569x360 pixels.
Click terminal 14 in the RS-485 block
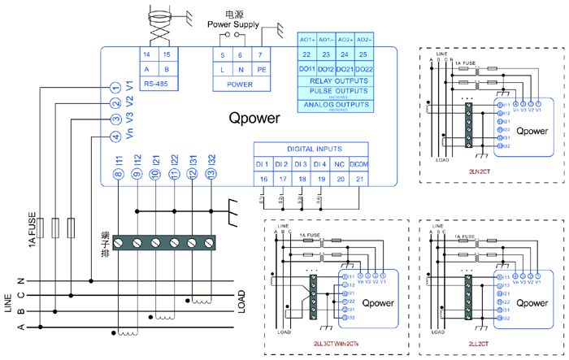pyautogui.click(x=146, y=54)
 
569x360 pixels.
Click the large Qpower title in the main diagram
pyautogui.click(x=254, y=118)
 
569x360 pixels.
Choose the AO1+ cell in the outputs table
pyautogui.click(x=307, y=39)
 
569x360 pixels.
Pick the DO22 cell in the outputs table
pyautogui.click(x=363, y=69)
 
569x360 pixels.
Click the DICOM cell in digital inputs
pyautogui.click(x=359, y=164)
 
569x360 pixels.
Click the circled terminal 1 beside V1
pyautogui.click(x=116, y=86)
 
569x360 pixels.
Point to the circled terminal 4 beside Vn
pyautogui.click(x=116, y=136)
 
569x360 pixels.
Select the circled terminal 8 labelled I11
pyautogui.click(x=118, y=173)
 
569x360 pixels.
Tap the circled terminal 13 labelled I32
pyautogui.click(x=211, y=173)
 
